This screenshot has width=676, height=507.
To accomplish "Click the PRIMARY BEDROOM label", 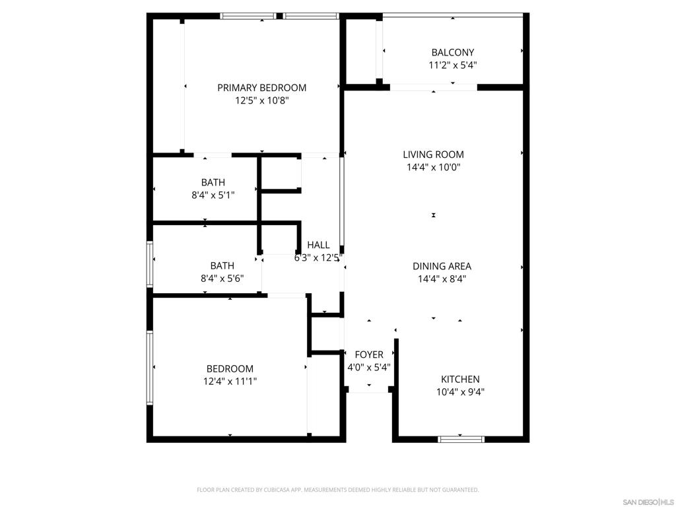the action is click(261, 88).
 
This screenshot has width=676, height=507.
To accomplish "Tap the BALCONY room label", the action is click(453, 53).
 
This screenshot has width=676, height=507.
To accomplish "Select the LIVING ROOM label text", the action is click(433, 154).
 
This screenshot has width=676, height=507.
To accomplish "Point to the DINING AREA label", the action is click(442, 267).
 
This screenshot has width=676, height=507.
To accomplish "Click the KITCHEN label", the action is click(460, 380).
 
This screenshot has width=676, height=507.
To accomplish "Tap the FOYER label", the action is click(369, 355).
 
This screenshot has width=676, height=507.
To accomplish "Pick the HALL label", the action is click(319, 246).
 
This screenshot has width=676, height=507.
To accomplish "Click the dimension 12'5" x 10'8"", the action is click(261, 101).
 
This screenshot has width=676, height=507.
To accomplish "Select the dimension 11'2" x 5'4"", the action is click(453, 65).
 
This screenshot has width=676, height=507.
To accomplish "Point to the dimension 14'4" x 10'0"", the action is click(433, 167).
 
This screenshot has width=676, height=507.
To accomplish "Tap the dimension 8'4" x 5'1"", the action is click(213, 195).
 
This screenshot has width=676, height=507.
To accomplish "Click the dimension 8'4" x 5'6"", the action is click(222, 279).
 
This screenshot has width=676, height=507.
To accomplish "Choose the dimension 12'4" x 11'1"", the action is click(230, 382).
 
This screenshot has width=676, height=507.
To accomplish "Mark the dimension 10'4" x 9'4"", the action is click(460, 392).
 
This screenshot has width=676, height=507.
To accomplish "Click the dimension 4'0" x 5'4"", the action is click(369, 367).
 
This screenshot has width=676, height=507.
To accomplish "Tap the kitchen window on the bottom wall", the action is click(461, 439).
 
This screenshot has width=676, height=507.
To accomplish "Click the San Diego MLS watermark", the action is click(648, 502).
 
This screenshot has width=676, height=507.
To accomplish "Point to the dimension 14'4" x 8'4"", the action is click(442, 279).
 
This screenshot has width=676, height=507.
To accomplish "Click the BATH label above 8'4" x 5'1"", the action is click(213, 183).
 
